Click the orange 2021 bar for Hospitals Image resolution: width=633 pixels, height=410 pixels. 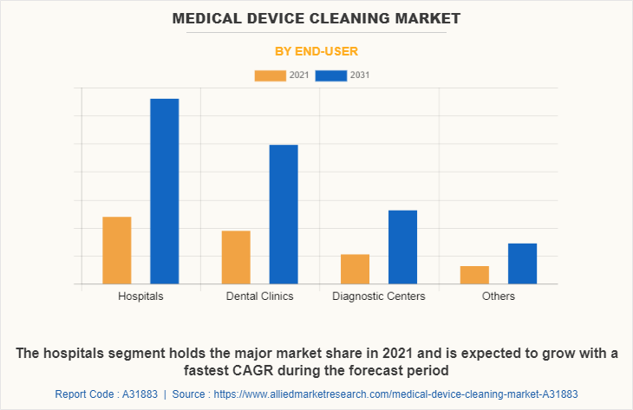point(117,251)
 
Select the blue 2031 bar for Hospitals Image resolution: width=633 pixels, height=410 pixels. point(165,192)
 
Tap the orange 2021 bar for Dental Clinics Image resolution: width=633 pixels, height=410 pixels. point(236,257)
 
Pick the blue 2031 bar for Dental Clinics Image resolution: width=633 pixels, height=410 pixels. point(284,214)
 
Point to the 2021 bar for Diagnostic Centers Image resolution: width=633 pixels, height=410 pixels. point(355,269)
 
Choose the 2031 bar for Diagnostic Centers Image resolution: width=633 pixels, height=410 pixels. point(402,247)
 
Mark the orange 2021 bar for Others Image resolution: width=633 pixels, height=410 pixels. point(474,275)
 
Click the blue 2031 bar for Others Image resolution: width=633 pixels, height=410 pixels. point(522,264)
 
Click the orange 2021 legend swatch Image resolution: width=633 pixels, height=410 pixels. point(270,75)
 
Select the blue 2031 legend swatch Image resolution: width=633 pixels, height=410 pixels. point(330,75)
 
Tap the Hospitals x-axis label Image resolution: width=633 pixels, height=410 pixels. point(140,296)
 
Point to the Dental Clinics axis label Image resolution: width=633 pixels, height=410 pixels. point(259,296)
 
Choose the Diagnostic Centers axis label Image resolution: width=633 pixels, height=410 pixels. point(379,296)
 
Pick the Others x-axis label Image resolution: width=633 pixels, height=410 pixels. point(499,296)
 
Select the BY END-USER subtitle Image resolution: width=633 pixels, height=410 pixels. point(316,51)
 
